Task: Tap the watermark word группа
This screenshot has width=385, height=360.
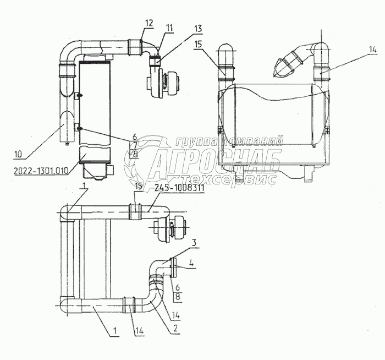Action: coord(193,141)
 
